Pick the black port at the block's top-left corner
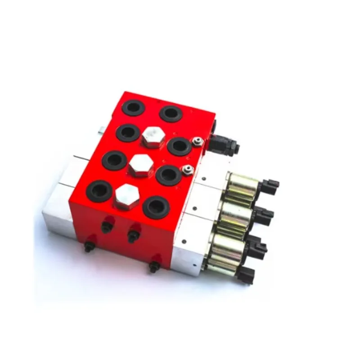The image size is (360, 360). [x=134, y=108]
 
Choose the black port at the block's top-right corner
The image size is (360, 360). [x=171, y=113]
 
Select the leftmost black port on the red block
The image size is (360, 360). [x=99, y=191]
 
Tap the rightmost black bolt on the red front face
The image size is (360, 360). [x=154, y=266]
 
